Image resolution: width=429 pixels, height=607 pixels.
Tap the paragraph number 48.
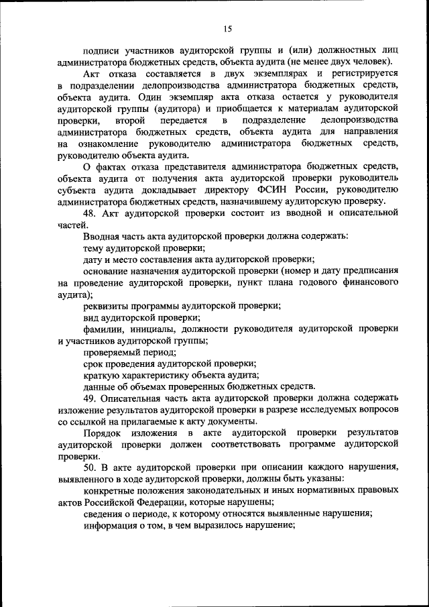click(x=92, y=213)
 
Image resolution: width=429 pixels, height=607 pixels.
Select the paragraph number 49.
click(x=92, y=397)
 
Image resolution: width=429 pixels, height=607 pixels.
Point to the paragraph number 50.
click(x=92, y=466)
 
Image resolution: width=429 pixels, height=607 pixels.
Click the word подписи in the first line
click(x=103, y=50)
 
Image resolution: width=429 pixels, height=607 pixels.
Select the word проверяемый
click(x=113, y=351)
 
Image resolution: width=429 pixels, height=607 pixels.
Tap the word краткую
click(x=103, y=374)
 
